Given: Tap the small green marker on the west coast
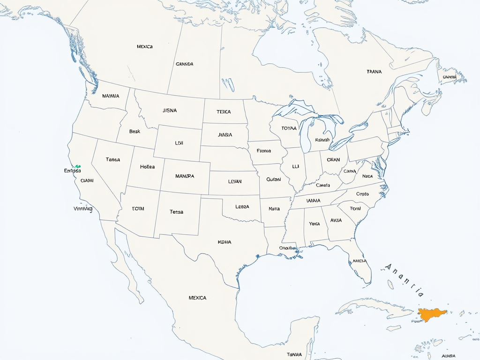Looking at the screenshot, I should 78,166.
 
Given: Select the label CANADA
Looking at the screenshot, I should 184,64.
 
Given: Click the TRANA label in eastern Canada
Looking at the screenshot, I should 374,72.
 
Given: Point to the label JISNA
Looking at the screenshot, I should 170,111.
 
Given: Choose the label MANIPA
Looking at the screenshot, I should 184,176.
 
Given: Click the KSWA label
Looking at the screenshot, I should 225,242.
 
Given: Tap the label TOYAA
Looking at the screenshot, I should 289,128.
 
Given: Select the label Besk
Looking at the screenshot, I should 135,132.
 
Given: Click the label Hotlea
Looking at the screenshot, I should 147,166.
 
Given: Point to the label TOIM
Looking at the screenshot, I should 138,209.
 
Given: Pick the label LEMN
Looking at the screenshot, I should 234,181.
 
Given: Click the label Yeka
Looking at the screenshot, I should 314,224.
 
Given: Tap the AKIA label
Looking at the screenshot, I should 336,220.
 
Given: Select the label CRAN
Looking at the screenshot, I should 333,160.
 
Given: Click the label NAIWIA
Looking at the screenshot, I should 110,96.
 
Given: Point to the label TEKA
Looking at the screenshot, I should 224,112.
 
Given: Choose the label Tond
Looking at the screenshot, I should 355,209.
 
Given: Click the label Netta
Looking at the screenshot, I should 274,209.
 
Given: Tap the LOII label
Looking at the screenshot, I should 179,143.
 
